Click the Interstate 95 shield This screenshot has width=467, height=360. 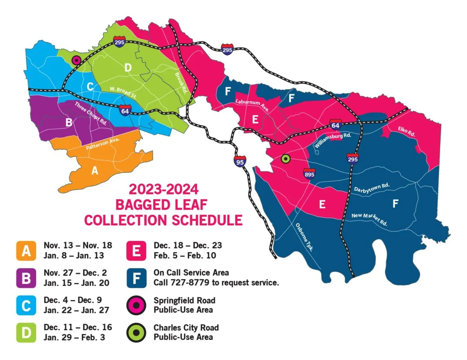point(240,161)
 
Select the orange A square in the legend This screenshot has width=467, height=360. point(26,251)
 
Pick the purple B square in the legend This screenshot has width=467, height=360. point(26,278)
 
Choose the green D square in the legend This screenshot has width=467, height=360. point(26,332)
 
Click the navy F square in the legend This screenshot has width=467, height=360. point(137,278)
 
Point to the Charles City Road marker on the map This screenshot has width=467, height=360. point(286,159)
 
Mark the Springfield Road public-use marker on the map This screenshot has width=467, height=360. point(76,60)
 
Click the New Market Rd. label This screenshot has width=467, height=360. point(369,220)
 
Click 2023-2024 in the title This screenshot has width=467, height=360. point(163,190)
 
